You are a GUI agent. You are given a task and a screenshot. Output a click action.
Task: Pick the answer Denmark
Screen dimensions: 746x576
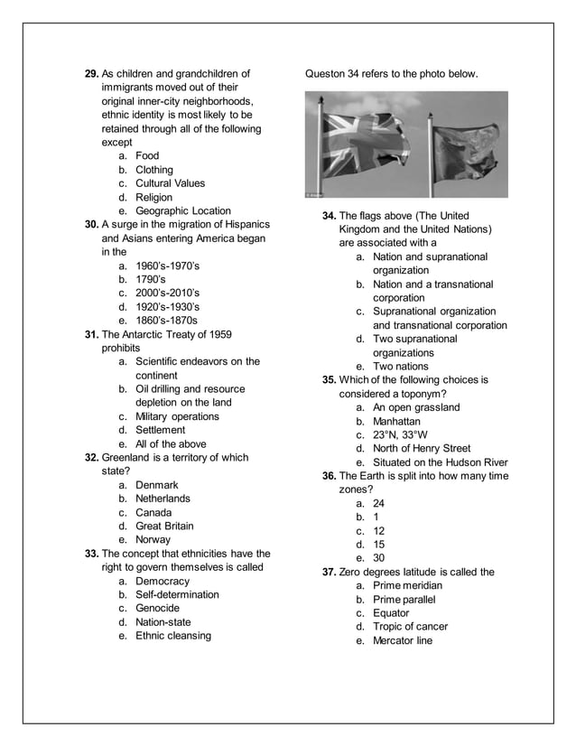pos(157,485)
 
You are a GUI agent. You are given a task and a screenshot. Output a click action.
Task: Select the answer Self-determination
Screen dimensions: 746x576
pos(177,595)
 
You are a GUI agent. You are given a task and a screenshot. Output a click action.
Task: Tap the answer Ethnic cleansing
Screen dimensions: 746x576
pos(173,636)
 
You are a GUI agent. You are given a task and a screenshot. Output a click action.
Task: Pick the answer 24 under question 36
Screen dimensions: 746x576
pos(379,503)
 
